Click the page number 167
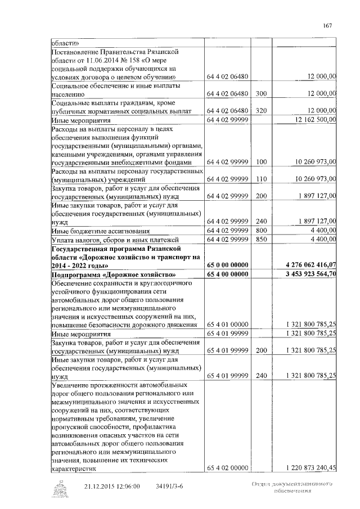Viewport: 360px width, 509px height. (x=328, y=25)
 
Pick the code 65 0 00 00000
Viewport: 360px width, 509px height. (x=227, y=264)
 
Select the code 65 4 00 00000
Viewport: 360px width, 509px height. (x=227, y=274)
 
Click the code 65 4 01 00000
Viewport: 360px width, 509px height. (x=227, y=325)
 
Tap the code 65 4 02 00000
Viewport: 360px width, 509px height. (x=227, y=467)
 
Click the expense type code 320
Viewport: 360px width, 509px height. (x=260, y=111)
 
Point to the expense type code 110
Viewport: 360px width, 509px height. (x=260, y=179)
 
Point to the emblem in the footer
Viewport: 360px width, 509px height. (x=58, y=489)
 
